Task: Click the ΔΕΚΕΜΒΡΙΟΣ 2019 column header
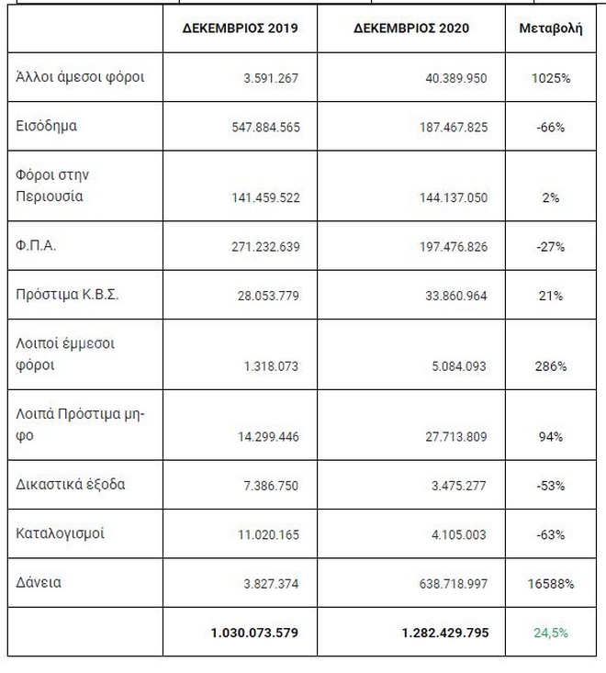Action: [x=242, y=28]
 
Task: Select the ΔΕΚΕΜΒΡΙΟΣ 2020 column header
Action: [x=411, y=28]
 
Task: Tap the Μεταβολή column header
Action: [x=551, y=28]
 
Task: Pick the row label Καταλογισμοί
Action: [x=60, y=533]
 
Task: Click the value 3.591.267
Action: [x=267, y=79]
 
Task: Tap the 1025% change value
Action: [x=551, y=79]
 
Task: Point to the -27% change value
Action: [x=551, y=247]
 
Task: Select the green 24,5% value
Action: [x=551, y=633]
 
